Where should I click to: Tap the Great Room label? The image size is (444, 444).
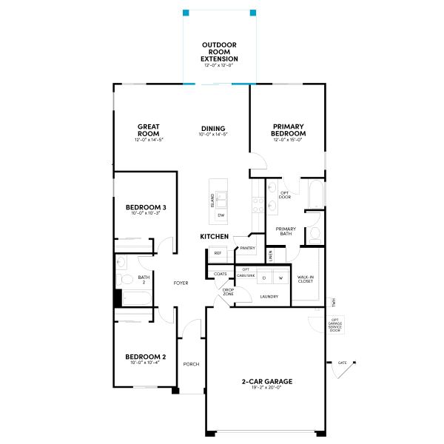(149, 131)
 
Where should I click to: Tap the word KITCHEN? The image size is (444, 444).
(214, 236)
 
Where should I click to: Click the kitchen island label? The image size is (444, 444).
(212, 200)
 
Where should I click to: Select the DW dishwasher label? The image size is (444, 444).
(221, 215)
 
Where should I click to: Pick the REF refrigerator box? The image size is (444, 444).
(218, 253)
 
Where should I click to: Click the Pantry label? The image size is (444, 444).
(247, 249)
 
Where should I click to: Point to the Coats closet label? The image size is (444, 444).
(221, 275)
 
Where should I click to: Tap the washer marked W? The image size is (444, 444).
(280, 277)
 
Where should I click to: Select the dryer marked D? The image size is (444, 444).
(263, 277)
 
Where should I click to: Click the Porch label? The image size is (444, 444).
(192, 364)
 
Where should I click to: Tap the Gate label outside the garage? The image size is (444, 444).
(342, 363)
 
